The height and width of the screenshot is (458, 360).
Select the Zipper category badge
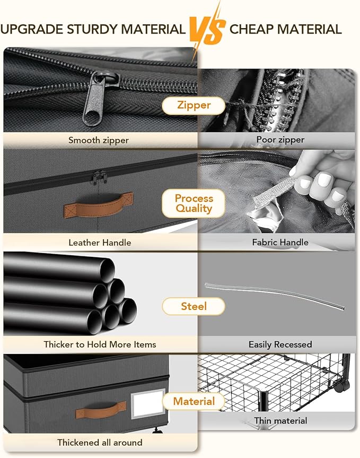coord(194,105)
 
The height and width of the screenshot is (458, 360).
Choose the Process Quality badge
coord(194,203)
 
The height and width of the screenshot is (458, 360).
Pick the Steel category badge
coord(194,306)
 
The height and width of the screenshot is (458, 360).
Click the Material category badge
coord(194,401)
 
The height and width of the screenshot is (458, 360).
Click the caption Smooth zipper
coord(99,140)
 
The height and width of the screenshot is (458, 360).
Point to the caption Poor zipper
coord(280,140)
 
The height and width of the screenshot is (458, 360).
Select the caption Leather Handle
coord(100,243)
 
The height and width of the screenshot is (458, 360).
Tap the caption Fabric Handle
coord(280,242)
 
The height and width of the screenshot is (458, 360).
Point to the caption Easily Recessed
coord(280,344)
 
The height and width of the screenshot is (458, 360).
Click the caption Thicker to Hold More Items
coord(100,344)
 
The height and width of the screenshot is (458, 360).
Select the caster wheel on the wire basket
coord(341,387)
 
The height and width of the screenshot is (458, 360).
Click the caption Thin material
coord(280,421)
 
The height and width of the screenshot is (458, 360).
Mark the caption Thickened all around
coord(100,443)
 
